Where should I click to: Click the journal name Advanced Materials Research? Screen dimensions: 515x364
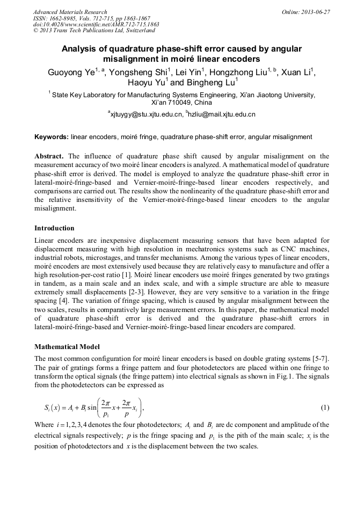point(70,12)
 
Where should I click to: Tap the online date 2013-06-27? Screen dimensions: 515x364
point(314,12)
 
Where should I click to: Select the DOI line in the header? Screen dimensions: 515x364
point(96,24)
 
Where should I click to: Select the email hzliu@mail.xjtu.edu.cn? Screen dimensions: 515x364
point(222,114)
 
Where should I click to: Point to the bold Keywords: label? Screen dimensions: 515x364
point(51,137)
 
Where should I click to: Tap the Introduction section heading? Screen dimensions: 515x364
point(54,228)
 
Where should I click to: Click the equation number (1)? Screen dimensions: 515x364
point(325,408)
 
